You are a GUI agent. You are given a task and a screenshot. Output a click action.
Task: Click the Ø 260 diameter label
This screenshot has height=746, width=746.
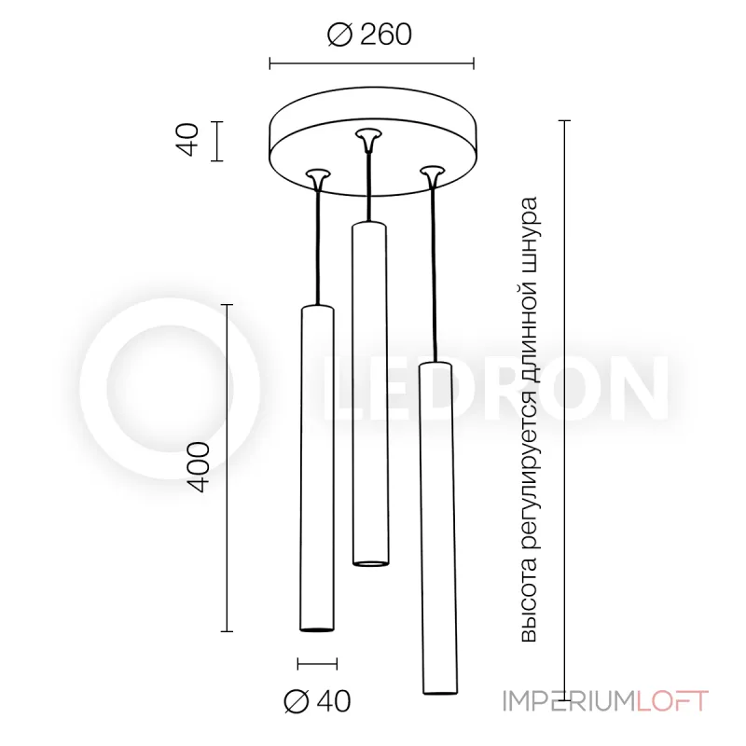[370, 35]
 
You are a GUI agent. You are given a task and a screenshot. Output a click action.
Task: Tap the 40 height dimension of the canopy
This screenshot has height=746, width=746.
[189, 141]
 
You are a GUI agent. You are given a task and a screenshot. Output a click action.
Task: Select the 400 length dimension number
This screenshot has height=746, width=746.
[199, 467]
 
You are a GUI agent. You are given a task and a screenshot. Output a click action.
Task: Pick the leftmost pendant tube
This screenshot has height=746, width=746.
[317, 466]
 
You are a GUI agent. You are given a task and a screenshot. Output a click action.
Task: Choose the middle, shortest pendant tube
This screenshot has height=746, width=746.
[369, 392]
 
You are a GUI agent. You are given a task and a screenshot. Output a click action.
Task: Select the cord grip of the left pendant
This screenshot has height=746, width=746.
[319, 175]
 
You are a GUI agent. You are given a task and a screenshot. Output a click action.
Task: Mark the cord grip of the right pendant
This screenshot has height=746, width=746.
[430, 173]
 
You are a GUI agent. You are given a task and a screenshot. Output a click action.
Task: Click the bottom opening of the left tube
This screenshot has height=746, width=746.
[317, 628]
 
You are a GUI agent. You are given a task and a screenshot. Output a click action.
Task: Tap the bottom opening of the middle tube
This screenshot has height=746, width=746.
[369, 561]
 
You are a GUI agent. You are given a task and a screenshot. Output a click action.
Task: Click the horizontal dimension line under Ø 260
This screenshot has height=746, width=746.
[371, 63]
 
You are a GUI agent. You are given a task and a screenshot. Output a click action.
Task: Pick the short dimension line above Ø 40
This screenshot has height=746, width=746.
[317, 663]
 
